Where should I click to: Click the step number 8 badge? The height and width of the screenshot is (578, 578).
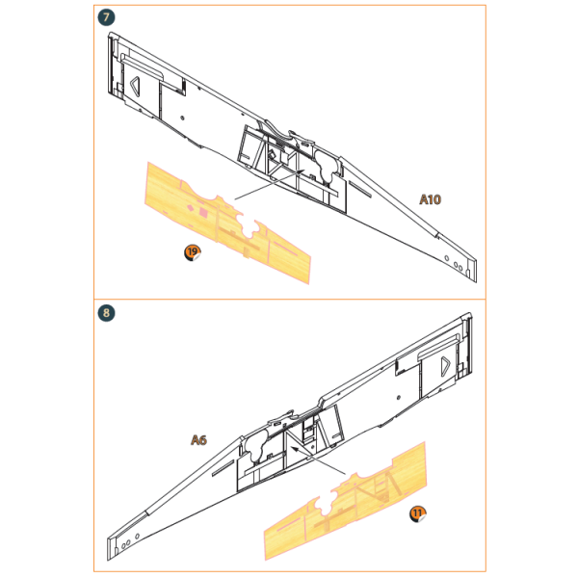(106, 313)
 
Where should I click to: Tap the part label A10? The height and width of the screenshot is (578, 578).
(430, 199)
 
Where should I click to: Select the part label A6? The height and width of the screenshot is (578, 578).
(199, 440)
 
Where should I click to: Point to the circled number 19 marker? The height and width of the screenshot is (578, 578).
(193, 252)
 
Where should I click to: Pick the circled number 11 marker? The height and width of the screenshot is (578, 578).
(418, 513)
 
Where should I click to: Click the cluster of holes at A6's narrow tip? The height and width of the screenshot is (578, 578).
(125, 545)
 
